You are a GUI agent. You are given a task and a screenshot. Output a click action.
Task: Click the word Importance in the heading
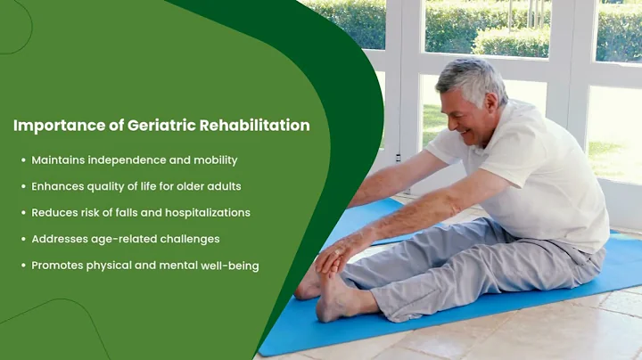click(54, 126)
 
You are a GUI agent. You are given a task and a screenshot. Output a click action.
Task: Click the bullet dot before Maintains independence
click(23, 160)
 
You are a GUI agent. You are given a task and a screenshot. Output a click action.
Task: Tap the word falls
click(128, 213)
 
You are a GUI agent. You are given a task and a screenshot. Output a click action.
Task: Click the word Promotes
click(58, 266)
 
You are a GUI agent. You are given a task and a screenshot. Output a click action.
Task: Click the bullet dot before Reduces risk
click(23, 213)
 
